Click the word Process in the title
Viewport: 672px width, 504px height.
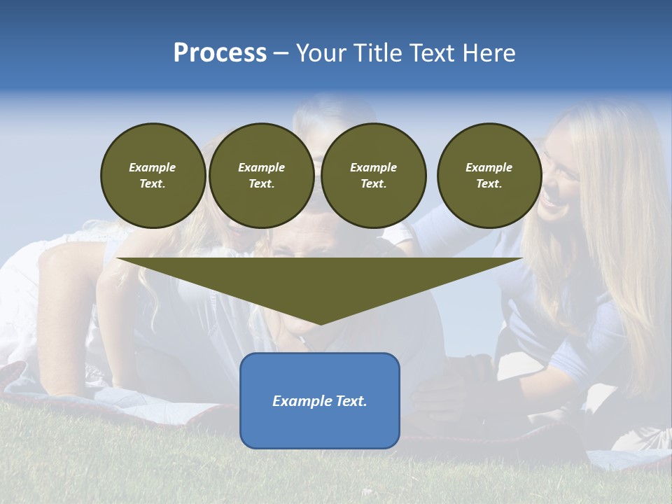coord(220,53)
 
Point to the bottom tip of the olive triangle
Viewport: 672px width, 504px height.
coord(321,323)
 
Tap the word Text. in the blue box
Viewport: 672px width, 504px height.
coord(350,401)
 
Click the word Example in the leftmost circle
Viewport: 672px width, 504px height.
coord(153,167)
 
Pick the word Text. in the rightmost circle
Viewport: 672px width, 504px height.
coord(489,183)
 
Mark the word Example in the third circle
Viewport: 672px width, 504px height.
coord(374,167)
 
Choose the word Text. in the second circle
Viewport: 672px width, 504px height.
coord(262,183)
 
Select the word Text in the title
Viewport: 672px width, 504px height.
coord(434,53)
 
